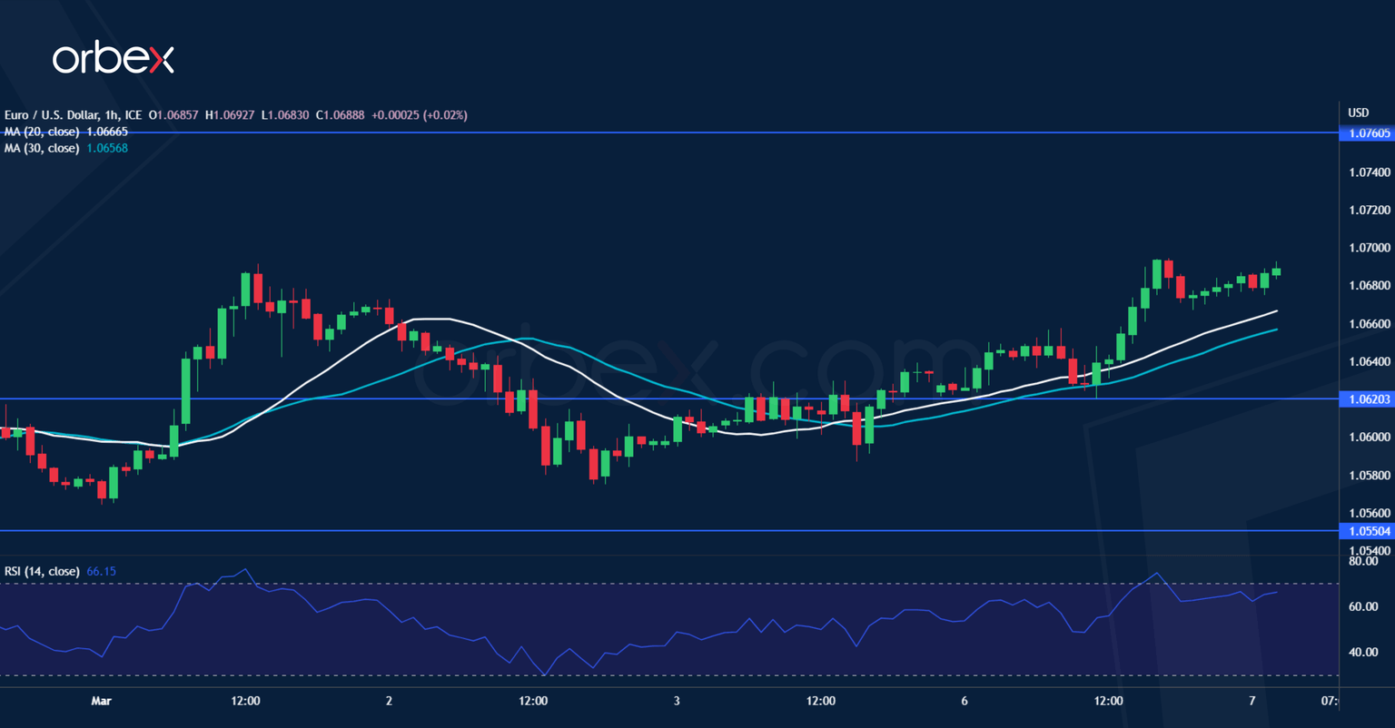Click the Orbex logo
point(113,59)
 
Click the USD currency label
point(1358,113)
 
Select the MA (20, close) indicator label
point(41,132)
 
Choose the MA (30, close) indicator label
point(41,148)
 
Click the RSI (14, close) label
point(42,571)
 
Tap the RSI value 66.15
point(101,571)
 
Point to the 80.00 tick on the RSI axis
point(1364,561)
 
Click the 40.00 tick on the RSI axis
point(1364,652)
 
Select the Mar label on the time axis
point(102,701)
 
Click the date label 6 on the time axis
point(965,701)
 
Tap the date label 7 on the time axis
point(1252,701)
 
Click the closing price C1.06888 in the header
point(337,115)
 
